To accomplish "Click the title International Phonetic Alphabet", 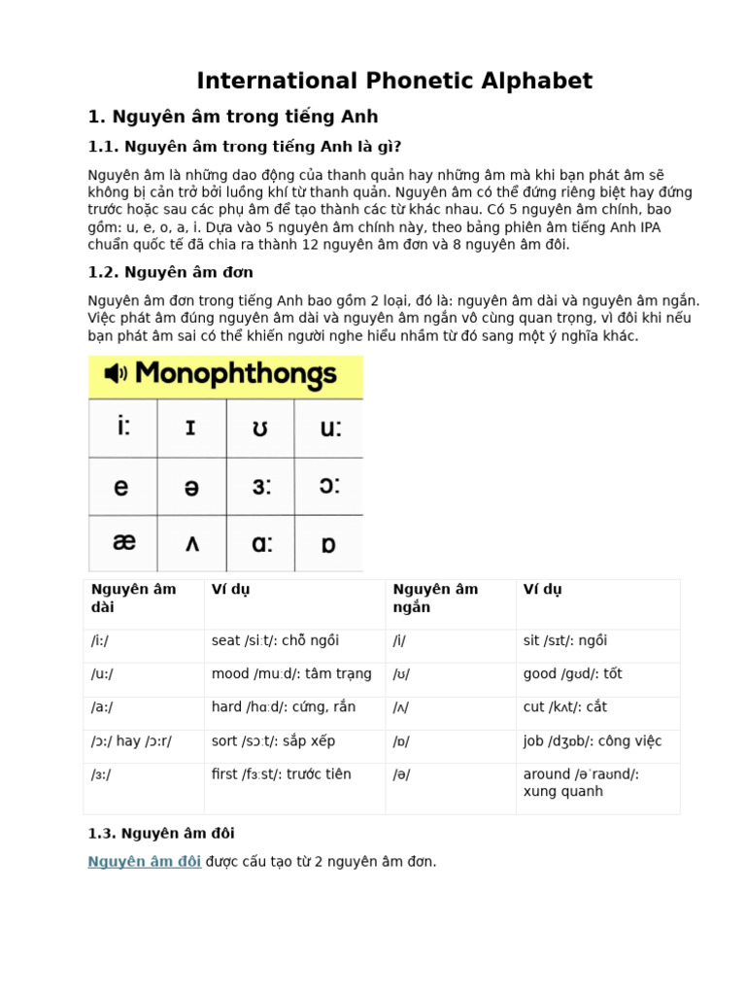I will point(394,81).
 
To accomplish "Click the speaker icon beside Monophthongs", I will point(116,373).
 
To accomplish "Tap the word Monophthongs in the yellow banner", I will point(236,373).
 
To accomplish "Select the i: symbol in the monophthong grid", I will point(122,428).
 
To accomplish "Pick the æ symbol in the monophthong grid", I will point(123,542).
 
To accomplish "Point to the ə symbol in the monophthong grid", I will point(191,486).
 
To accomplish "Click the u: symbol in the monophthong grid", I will point(329,428).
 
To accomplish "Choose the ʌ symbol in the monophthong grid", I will point(191,543).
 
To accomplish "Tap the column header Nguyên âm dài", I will point(133,598).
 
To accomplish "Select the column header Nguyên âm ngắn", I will point(435,598).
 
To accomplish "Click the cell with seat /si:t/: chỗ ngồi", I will point(275,640).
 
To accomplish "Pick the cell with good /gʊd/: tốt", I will point(572,673).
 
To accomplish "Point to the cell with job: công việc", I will point(592,740).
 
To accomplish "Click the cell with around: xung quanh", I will point(580,782).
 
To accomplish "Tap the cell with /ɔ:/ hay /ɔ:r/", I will point(131,740).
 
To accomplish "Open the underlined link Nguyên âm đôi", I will point(145,861).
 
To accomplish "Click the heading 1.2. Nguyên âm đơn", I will point(170,272).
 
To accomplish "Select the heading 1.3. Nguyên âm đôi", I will point(160,833).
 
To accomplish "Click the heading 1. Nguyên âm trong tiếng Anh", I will point(233,117).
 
